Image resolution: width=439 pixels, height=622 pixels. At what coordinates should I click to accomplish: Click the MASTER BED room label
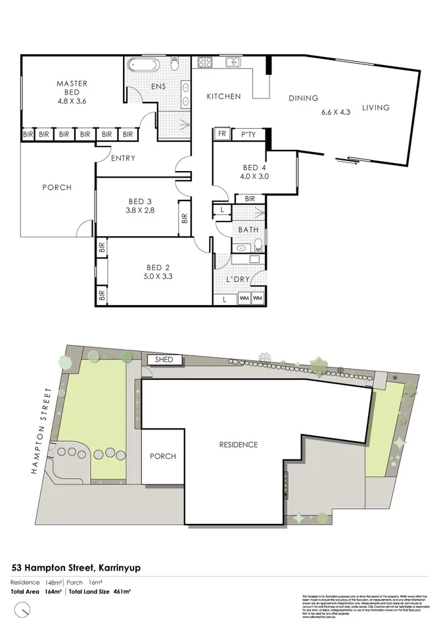(72, 84)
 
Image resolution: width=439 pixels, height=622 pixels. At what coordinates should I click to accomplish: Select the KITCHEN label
(223, 97)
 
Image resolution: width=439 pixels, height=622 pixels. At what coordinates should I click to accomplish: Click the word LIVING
(376, 108)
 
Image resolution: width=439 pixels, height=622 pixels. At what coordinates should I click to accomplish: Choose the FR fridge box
(221, 135)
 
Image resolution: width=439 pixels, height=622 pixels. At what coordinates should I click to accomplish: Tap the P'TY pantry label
(248, 135)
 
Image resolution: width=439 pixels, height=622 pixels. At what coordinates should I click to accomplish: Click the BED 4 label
(255, 166)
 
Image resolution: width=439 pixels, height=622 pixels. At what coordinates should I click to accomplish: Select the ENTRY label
(123, 158)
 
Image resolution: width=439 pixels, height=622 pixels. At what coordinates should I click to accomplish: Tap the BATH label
(248, 229)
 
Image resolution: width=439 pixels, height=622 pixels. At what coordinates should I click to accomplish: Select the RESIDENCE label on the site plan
(238, 444)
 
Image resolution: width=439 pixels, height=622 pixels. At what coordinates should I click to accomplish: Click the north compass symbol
(24, 610)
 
